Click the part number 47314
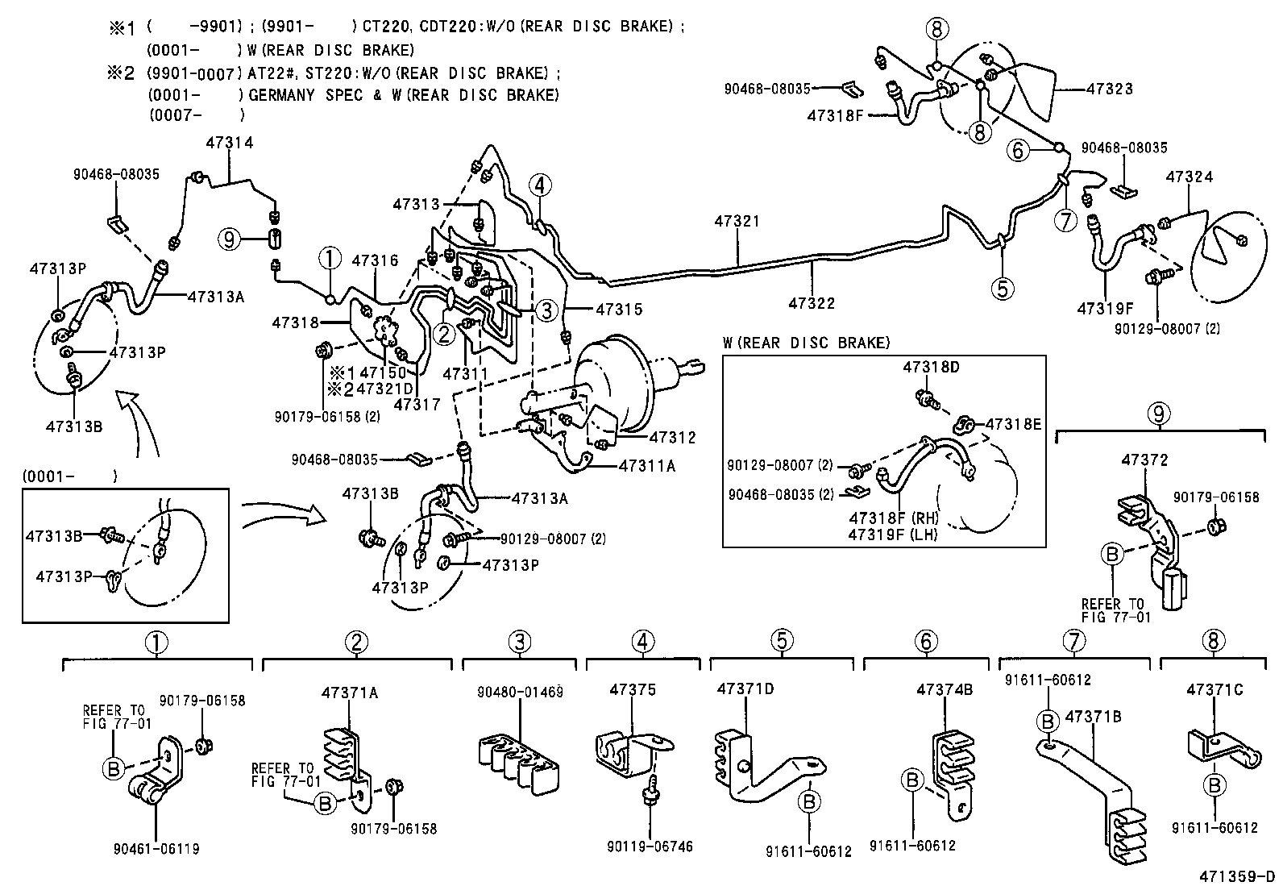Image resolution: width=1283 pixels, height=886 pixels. (229, 143)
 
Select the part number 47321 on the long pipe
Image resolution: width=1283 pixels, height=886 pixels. (736, 220)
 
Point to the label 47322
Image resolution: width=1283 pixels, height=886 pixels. (812, 303)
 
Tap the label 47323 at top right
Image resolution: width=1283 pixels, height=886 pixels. (1109, 89)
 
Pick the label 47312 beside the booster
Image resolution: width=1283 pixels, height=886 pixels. (672, 437)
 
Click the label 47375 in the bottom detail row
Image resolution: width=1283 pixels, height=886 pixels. (633, 690)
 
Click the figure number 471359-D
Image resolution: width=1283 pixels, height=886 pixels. (1236, 876)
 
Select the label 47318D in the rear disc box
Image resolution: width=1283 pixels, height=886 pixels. (931, 367)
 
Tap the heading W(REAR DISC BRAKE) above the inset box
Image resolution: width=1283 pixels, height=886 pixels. (806, 343)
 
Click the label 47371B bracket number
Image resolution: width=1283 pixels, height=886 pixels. (1094, 716)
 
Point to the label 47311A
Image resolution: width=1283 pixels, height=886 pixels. (647, 465)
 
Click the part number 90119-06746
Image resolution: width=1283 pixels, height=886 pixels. (650, 846)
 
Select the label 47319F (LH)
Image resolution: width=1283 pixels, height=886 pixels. (893, 533)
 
